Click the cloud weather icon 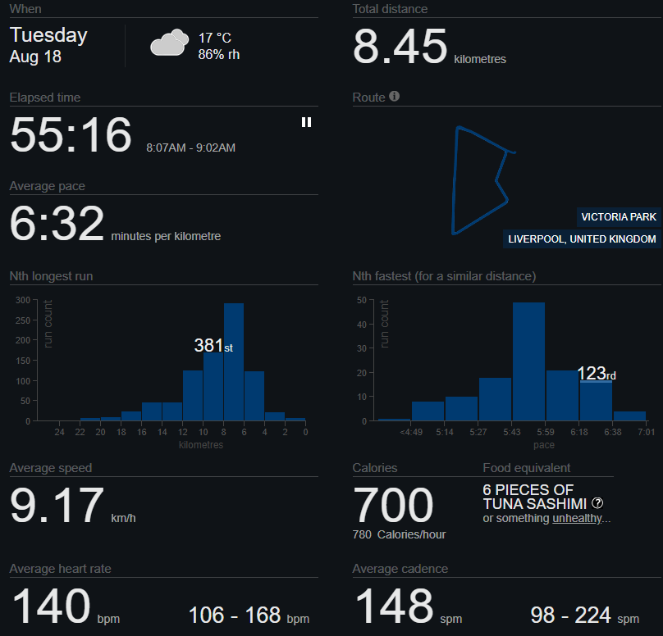(x=170, y=43)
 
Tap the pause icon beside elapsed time (x=307, y=122)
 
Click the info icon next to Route (x=394, y=96)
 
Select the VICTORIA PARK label (x=619, y=217)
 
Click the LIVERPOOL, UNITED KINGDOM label (x=582, y=239)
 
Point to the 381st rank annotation (x=213, y=345)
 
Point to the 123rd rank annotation (x=597, y=374)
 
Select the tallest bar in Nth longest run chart (x=234, y=362)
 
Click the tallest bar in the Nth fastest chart (x=528, y=361)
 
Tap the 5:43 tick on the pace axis (x=512, y=432)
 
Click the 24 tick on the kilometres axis (x=59, y=432)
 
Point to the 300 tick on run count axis (x=23, y=300)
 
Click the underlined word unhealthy (x=577, y=518)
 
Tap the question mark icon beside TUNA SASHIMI (x=597, y=503)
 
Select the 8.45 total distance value (x=400, y=46)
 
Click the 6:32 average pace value (x=57, y=223)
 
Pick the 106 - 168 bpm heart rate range (x=249, y=616)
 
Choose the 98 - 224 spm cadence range (x=585, y=616)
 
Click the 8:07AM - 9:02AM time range (x=190, y=148)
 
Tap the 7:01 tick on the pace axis (x=647, y=432)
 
